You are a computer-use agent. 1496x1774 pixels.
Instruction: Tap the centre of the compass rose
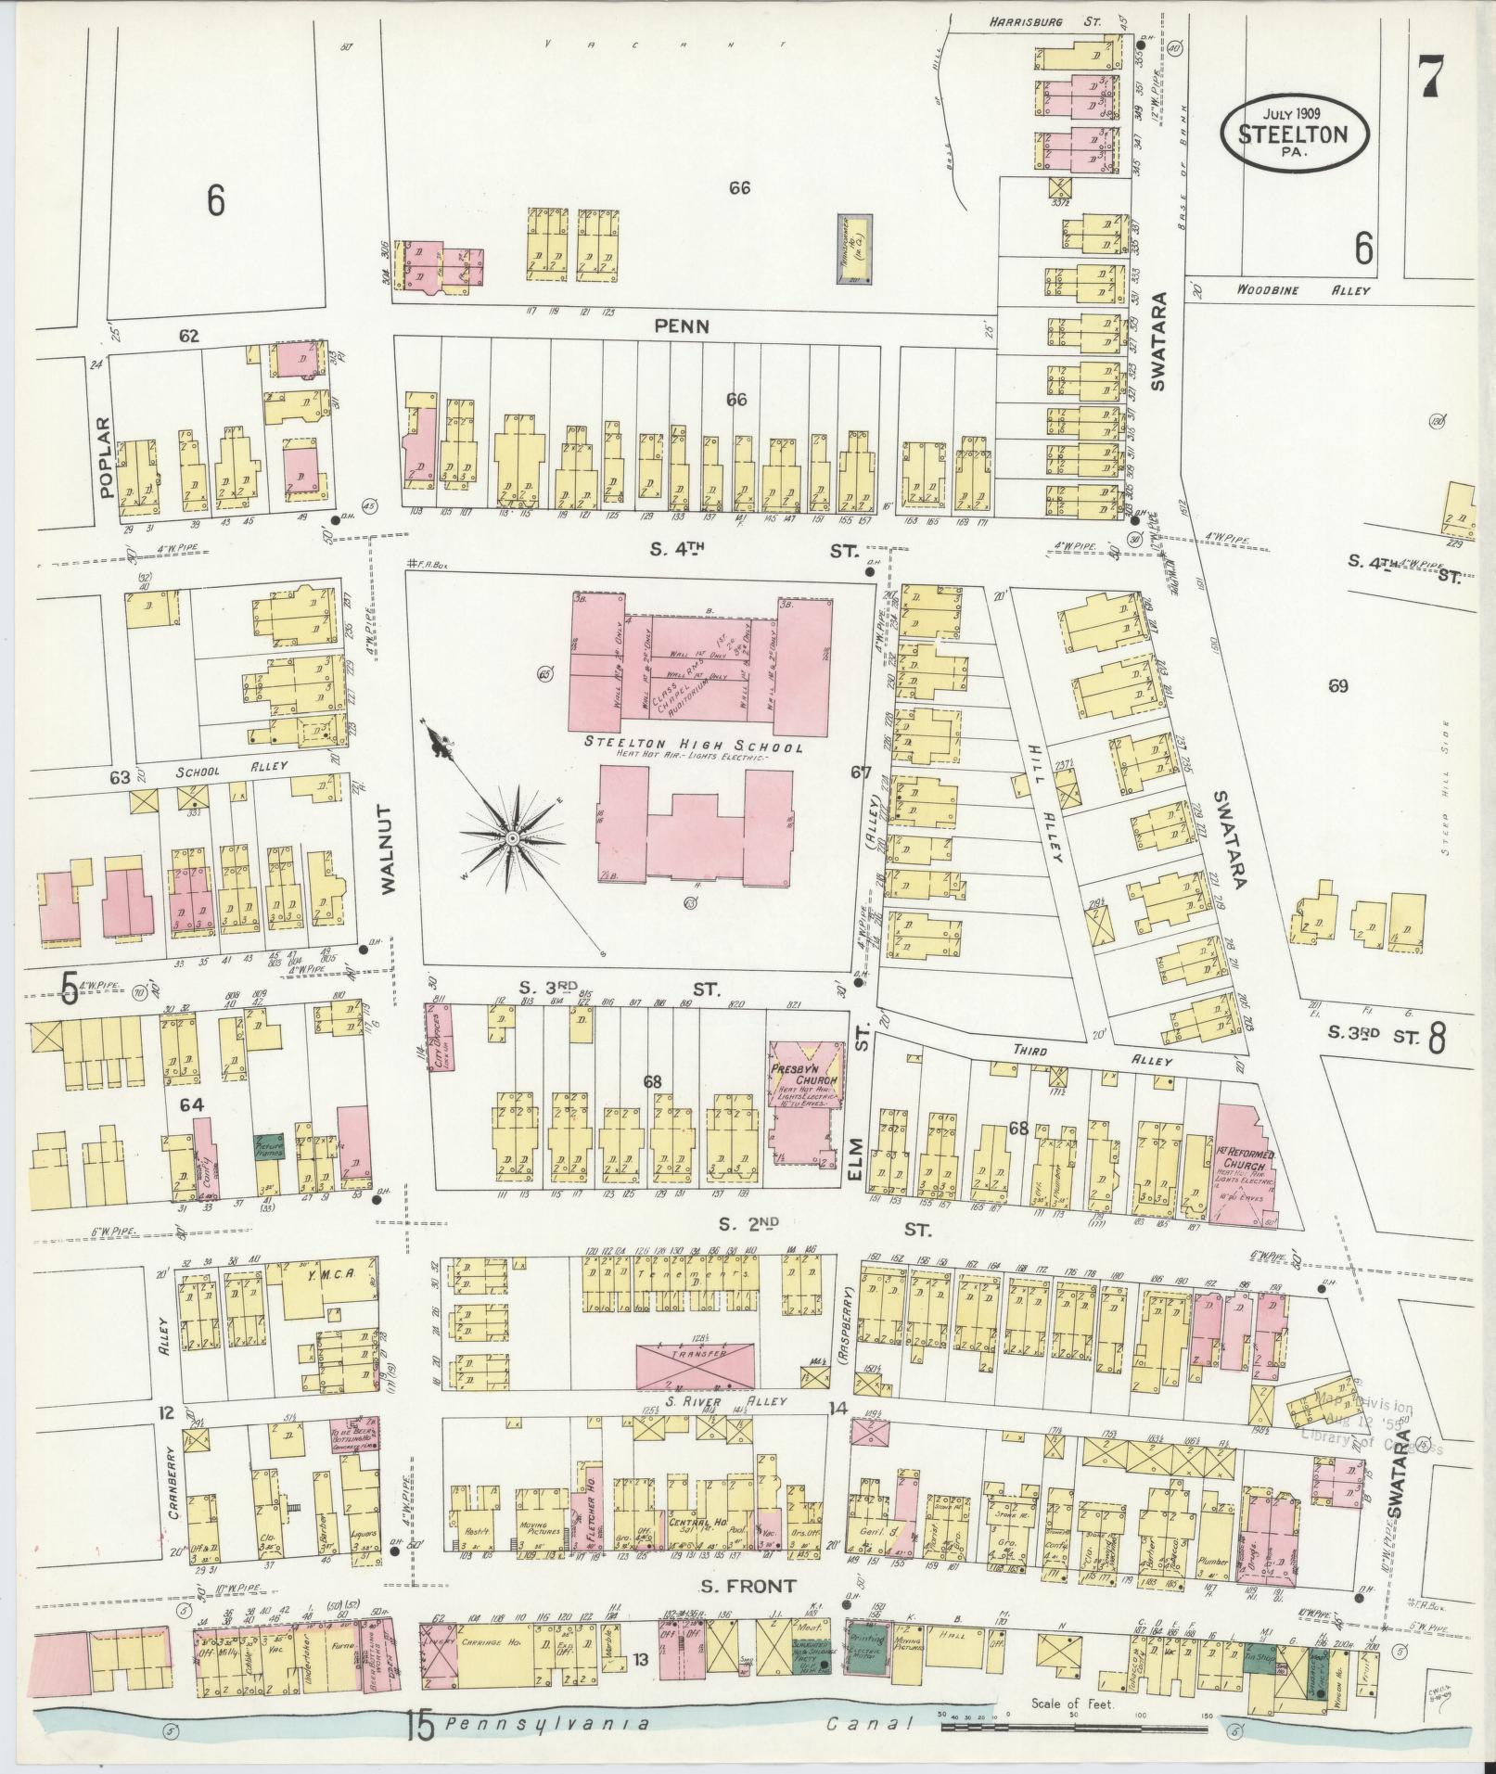[511, 837]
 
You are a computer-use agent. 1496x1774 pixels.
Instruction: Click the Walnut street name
[388, 849]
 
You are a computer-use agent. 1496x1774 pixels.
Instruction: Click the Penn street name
[682, 325]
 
